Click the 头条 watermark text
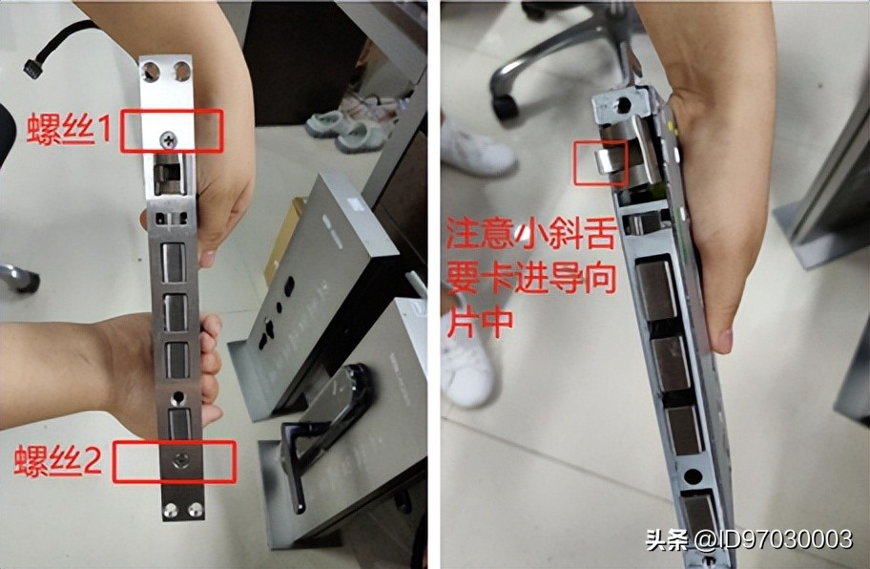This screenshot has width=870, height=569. point(668,539)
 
